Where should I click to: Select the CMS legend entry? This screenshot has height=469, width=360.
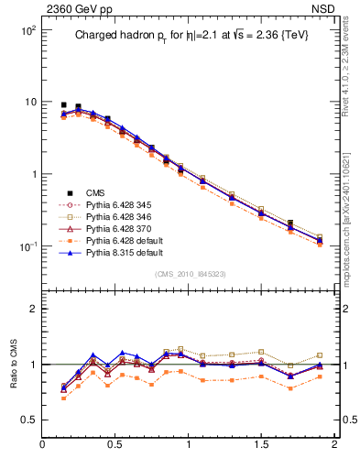tap(95, 192)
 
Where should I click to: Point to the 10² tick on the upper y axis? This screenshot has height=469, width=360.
tap(27, 30)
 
